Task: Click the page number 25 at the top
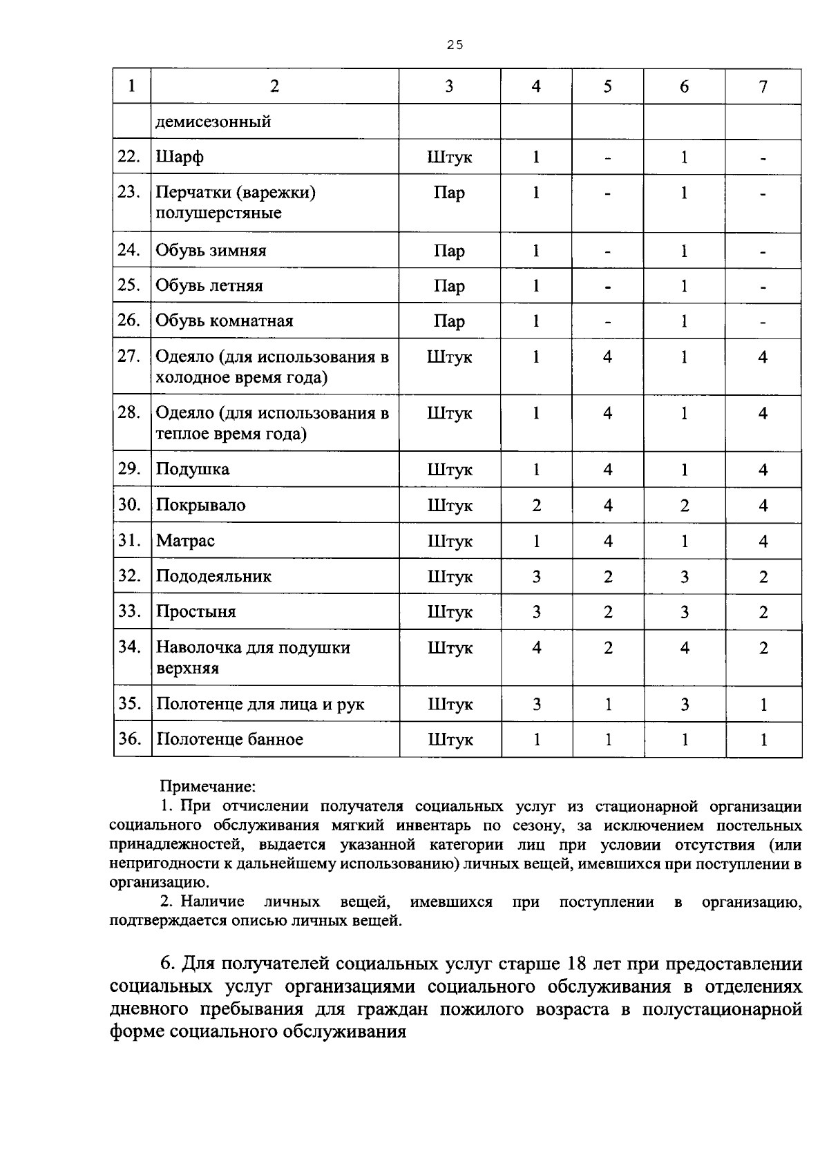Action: point(454,45)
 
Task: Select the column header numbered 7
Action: point(763,86)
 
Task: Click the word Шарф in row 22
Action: point(180,157)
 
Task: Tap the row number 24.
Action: point(129,250)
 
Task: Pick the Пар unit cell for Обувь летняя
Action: point(449,286)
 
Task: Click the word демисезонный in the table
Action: point(213,122)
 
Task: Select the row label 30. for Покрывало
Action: point(129,504)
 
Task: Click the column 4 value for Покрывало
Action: point(536,506)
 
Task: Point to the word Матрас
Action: point(185,541)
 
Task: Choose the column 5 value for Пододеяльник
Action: point(607,577)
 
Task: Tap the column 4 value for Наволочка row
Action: point(536,648)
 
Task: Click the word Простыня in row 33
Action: point(196,612)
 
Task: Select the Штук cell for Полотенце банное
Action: point(450,740)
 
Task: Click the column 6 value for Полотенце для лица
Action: point(684,705)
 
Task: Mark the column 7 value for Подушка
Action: point(763,470)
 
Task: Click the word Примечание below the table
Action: point(208,786)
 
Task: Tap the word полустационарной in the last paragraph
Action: point(722,1009)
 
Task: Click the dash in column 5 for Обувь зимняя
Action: point(607,251)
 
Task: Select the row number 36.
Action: point(129,739)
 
